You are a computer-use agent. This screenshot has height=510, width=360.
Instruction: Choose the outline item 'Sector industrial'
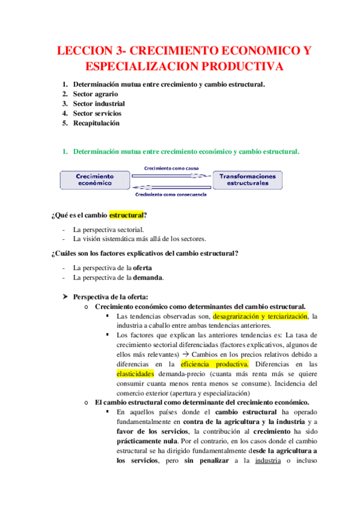99,103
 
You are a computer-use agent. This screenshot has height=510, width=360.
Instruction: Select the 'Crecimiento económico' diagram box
95,179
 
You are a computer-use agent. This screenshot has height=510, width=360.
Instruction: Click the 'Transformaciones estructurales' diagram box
248,179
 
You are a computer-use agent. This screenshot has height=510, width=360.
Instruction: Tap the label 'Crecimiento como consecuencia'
171,194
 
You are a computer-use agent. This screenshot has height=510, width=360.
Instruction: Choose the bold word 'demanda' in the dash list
148,277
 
